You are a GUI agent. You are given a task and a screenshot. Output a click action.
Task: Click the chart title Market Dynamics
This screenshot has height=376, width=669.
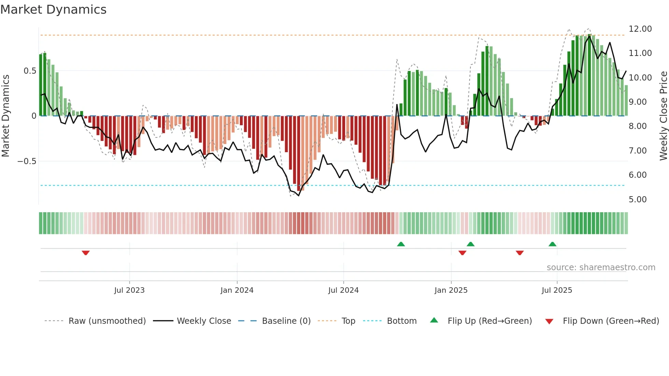click(x=53, y=10)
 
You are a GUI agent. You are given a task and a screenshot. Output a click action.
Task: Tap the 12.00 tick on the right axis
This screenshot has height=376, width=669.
click(x=640, y=29)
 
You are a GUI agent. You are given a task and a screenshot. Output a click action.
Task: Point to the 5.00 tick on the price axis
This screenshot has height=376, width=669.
click(x=637, y=200)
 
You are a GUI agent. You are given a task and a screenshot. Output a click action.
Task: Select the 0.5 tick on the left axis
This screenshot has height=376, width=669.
click(x=30, y=71)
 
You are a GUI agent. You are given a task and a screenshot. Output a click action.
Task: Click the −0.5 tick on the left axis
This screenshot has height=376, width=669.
click(x=27, y=161)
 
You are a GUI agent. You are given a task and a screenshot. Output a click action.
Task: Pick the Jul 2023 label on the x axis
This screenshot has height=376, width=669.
click(x=129, y=290)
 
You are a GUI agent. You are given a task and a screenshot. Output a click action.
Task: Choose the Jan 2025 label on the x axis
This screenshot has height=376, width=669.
click(x=451, y=290)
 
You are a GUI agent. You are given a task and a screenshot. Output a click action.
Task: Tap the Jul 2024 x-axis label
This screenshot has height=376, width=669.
click(x=343, y=290)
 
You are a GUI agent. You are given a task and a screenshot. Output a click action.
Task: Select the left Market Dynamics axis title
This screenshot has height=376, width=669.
click(x=5, y=116)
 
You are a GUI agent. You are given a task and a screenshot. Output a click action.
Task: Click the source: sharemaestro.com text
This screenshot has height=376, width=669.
click(x=601, y=267)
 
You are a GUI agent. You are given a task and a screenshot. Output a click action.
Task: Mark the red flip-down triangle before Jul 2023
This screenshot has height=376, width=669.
click(x=86, y=253)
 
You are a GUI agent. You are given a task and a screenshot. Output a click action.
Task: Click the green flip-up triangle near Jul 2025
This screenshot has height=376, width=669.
click(x=552, y=244)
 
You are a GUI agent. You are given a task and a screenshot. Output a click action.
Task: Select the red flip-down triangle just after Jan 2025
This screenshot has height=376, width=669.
click(x=462, y=253)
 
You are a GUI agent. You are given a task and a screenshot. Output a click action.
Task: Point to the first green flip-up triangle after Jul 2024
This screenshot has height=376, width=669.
click(x=401, y=244)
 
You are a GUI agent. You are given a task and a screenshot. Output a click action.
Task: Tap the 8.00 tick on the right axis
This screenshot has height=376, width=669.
click(x=637, y=126)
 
